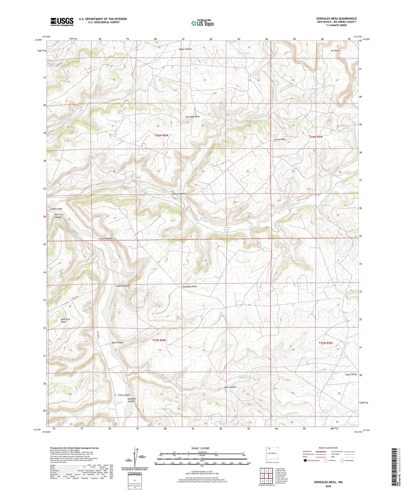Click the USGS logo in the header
tap(62, 22)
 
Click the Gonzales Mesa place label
tap(190, 287)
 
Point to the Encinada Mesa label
tap(193, 117)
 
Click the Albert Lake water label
tap(244, 53)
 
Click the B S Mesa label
tap(335, 51)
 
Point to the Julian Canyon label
tap(106, 239)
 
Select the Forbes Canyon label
tap(123, 286)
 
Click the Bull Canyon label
tap(118, 342)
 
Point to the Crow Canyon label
tap(124, 395)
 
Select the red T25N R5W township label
tap(325, 343)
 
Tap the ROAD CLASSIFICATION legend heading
tap(328, 448)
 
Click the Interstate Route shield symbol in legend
tap(305, 461)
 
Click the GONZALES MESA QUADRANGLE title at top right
tap(336, 18)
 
